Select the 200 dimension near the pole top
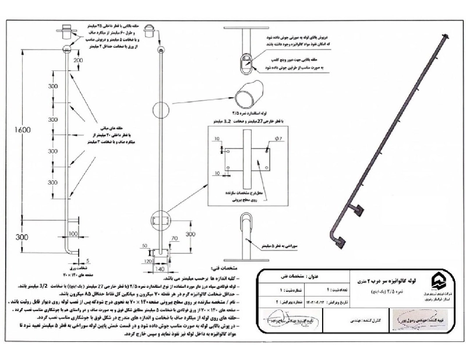[x=77, y=60]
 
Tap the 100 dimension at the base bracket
[x=73, y=234]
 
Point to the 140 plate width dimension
[x=160, y=270]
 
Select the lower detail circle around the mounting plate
[x=160, y=221]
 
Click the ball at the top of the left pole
[x=66, y=49]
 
